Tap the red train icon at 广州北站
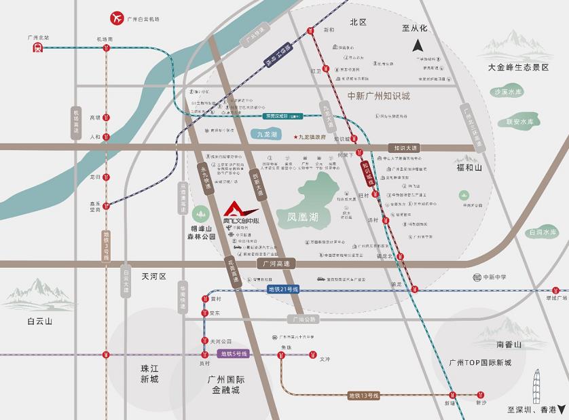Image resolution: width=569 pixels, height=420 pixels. [x=37, y=47]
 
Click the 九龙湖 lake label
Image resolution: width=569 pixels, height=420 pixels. [x=268, y=135]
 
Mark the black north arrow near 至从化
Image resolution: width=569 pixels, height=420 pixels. [x=418, y=46]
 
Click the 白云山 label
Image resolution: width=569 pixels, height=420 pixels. [x=40, y=321]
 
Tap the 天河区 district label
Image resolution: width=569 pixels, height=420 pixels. [x=153, y=277]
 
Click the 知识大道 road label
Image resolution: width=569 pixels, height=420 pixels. [x=405, y=147]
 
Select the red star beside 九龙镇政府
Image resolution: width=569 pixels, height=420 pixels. [x=295, y=137]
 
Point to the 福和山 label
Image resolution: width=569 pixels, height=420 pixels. [x=469, y=167]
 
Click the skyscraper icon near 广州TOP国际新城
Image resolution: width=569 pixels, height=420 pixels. [x=536, y=385]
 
